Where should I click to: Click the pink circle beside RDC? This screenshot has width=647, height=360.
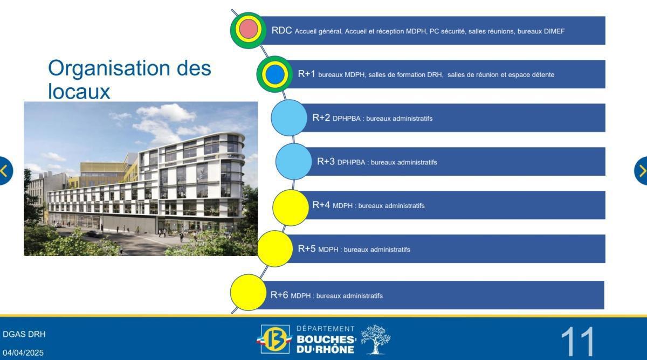coord(247,30)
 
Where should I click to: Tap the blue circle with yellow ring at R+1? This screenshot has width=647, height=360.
coord(274,74)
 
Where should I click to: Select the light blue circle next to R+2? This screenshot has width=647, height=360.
coord(289,117)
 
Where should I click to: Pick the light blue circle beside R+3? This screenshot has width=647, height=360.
coord(294,162)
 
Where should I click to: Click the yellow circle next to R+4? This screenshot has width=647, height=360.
coord(291,207)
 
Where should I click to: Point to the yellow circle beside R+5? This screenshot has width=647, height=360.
coord(276,249)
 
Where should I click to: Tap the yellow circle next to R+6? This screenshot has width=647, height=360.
coord(249,293)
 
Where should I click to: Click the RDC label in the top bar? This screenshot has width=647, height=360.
coord(281,31)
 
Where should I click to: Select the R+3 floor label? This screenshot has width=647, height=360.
coord(326,162)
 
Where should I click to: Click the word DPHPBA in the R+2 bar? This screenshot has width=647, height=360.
coord(346,119)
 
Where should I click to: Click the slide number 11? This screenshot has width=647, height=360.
coord(577,341)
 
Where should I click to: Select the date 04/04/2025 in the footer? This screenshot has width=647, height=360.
coord(24,352)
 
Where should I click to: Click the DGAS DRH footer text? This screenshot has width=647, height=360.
coord(24,334)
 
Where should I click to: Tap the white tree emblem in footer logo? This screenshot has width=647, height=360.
coord(375,339)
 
